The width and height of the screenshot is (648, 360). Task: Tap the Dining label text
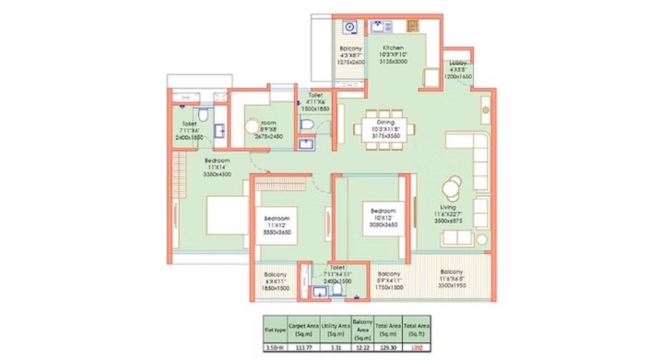[385, 122]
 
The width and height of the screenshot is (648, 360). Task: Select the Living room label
[449, 207]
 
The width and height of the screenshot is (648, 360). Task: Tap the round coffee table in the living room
[452, 187]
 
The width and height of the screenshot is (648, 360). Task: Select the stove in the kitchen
[413, 27]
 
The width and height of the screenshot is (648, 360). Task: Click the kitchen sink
[378, 27]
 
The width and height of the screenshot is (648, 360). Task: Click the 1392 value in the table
[412, 348]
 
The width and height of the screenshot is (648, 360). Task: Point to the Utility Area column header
[334, 328]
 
